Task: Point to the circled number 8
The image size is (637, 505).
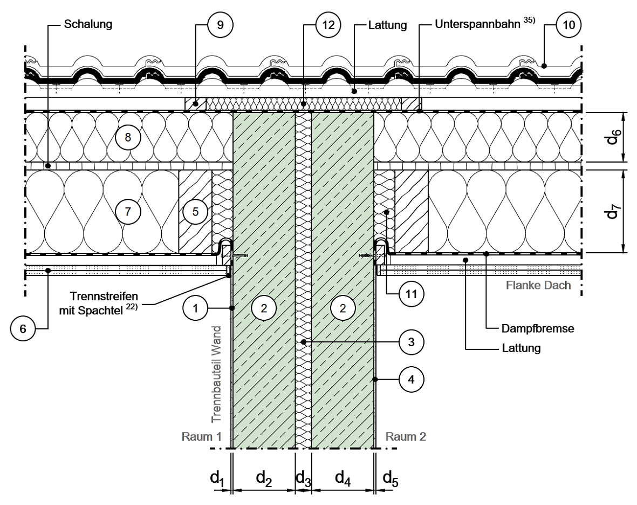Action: (128, 138)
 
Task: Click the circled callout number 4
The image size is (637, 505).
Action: (412, 380)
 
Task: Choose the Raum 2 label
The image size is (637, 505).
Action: (405, 436)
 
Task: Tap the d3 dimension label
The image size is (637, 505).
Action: (303, 477)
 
